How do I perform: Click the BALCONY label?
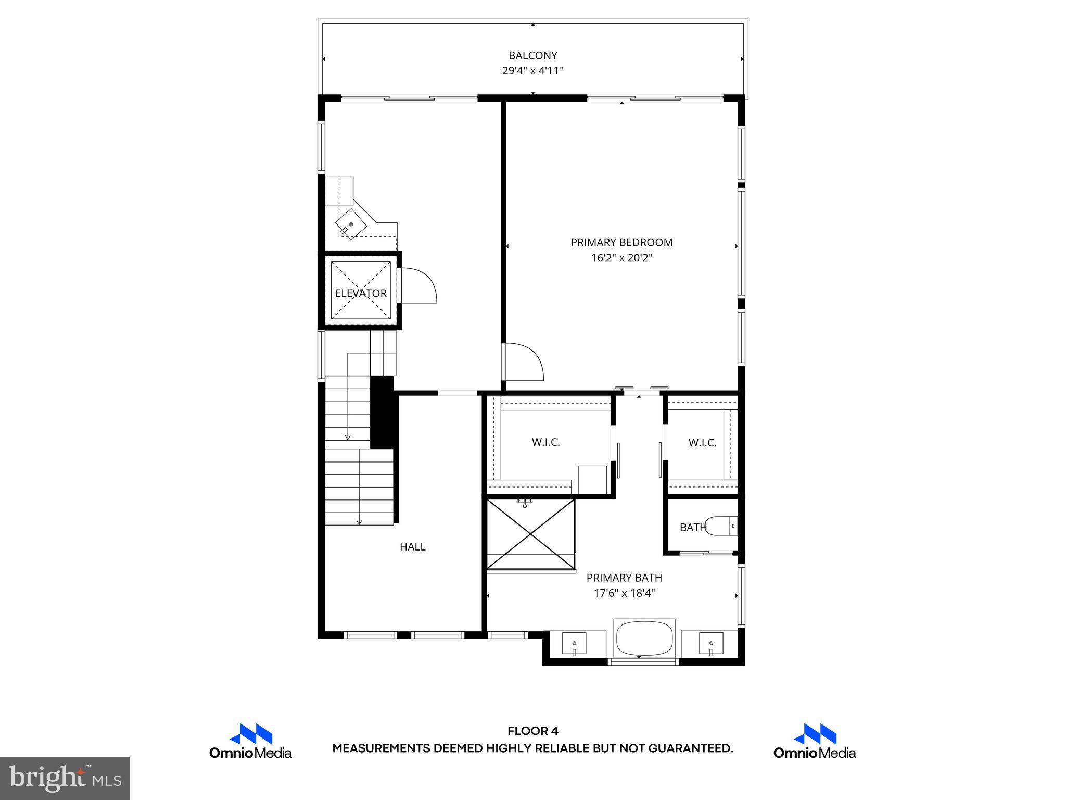[x=532, y=55]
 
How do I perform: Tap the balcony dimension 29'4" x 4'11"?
[x=532, y=71]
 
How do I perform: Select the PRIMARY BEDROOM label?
[x=621, y=242]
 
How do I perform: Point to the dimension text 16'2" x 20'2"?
[x=621, y=258]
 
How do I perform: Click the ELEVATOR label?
[x=361, y=293]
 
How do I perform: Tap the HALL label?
[x=412, y=546]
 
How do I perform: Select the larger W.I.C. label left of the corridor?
[x=545, y=442]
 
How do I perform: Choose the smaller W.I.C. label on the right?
[x=702, y=443]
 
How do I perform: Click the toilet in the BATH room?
[x=724, y=526]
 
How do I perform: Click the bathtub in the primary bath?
[x=644, y=639]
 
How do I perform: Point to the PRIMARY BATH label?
[x=624, y=578]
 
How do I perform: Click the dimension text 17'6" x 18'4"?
[x=624, y=593]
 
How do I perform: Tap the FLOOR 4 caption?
[x=532, y=731]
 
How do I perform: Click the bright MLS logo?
[x=65, y=778]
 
